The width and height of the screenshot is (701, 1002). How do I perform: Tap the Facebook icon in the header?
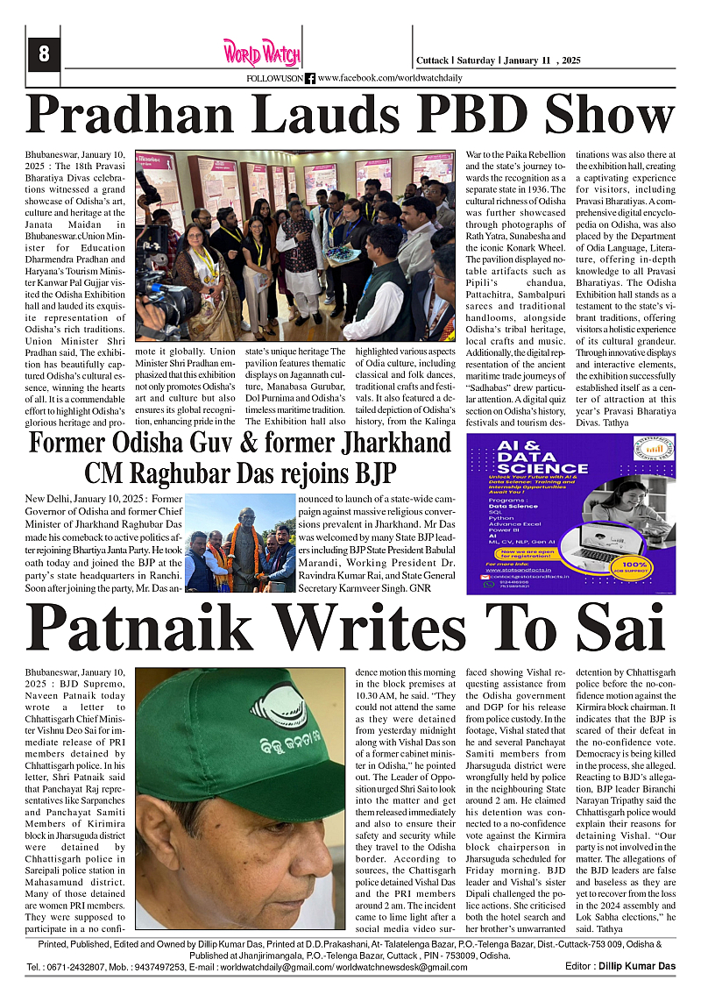[310, 79]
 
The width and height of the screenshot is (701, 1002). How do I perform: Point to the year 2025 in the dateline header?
[571, 60]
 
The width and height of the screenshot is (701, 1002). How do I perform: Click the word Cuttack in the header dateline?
[432, 60]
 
